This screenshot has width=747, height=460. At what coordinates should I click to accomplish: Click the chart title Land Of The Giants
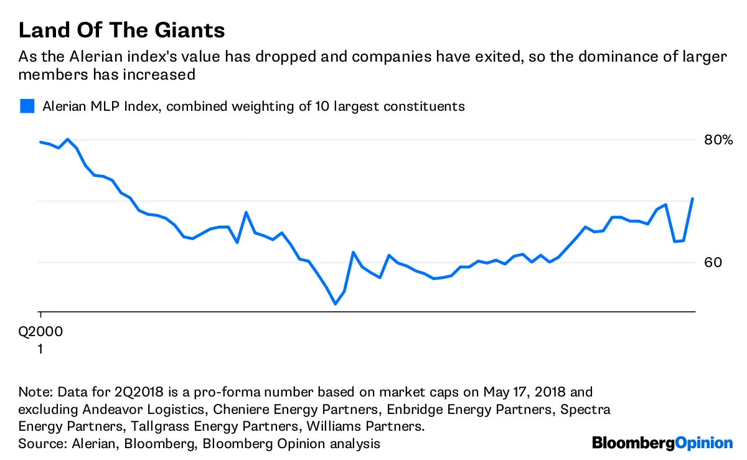(121, 31)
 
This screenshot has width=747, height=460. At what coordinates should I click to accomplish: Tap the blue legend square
(27, 106)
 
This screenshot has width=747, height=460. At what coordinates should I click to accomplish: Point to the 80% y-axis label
(718, 139)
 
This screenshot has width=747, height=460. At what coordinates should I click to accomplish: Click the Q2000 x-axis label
(40, 332)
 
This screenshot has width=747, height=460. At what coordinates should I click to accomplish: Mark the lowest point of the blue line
(335, 304)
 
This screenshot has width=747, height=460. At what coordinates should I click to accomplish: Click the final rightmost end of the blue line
(693, 199)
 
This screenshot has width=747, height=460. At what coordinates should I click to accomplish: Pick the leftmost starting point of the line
(40, 142)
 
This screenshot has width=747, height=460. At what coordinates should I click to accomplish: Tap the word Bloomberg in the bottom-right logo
(633, 443)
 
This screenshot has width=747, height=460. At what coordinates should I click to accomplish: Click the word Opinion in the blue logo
(704, 443)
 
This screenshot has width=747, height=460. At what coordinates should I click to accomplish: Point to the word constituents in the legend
(423, 106)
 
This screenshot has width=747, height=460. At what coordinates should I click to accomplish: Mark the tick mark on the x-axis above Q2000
(40, 315)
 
